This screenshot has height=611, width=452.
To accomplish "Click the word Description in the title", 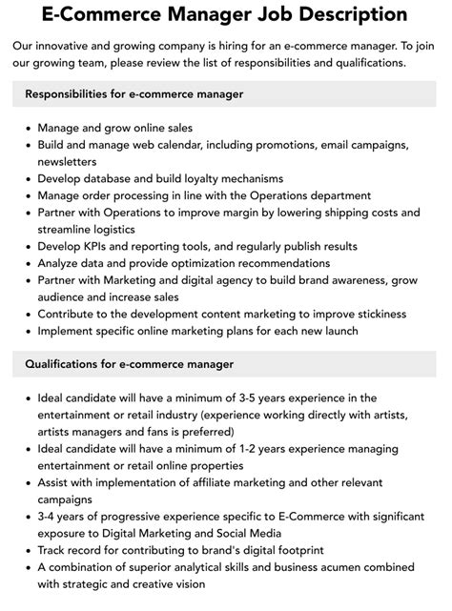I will pyautogui.click(x=329, y=14).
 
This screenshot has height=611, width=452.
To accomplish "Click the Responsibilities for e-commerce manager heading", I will pyautogui.click(x=134, y=94).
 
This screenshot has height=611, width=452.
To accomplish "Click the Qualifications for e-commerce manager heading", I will pyautogui.click(x=129, y=364).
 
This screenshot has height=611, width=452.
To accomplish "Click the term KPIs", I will pyautogui.click(x=106, y=246).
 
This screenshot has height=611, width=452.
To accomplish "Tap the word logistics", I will pyautogui.click(x=107, y=230).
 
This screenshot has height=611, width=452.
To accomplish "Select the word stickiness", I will pyautogui.click(x=375, y=314).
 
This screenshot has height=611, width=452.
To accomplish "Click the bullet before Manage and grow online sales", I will pyautogui.click(x=27, y=128).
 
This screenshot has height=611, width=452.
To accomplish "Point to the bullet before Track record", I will pyautogui.click(x=27, y=550).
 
